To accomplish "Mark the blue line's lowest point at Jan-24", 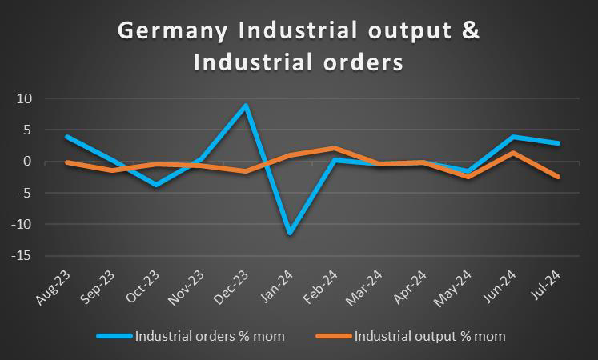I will (267, 233).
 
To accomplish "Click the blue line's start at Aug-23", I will (67, 137).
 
